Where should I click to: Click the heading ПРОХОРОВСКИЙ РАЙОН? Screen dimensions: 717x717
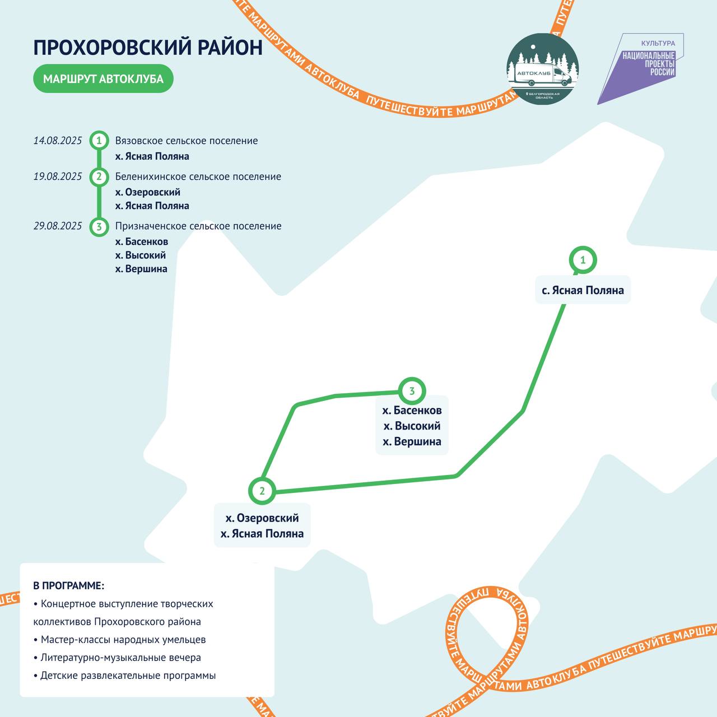148,47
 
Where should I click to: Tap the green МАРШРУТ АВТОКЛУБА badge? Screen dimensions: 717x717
104,78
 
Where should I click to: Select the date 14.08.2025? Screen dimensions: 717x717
57,140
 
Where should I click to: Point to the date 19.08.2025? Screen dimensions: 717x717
57,176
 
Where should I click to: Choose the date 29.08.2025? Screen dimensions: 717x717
57,226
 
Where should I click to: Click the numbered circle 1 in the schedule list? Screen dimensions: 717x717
99,141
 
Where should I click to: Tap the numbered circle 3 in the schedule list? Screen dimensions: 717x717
99,227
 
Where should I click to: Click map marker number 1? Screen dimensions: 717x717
583,260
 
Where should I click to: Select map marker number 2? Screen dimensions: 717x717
262,491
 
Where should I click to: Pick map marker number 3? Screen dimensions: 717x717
412,391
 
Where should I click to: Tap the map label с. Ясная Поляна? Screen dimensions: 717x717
583,290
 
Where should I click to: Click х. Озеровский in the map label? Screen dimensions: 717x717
262,518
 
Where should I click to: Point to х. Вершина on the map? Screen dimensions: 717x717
412,441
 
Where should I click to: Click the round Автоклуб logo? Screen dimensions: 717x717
542,69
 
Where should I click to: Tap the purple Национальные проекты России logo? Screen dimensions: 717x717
640,69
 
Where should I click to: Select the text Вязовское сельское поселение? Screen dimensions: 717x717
187,141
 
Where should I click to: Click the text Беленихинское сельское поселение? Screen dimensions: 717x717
198,176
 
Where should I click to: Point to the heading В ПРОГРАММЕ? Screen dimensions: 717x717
69,585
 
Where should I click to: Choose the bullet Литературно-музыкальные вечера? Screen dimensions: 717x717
117,657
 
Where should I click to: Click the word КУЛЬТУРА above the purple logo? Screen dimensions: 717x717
658,43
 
